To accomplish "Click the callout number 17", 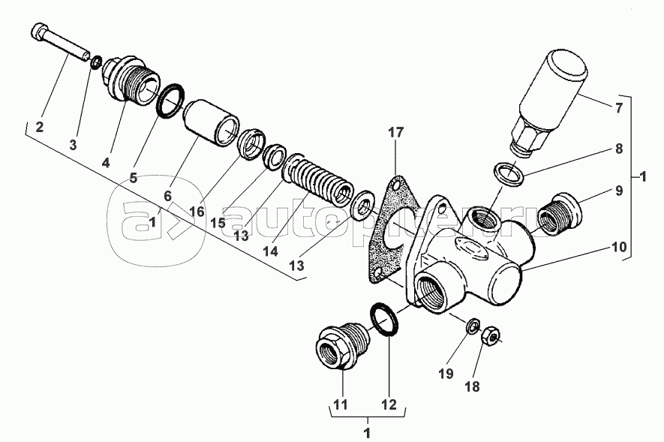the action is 396,133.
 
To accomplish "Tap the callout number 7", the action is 619,108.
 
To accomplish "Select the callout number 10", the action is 619,246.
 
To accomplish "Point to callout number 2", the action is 39,127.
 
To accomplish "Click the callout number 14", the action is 270,251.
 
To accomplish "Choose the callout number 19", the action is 446,374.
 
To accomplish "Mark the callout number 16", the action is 197,212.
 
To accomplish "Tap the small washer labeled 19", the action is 473,326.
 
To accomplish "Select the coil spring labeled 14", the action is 318,181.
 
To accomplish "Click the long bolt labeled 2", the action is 60,41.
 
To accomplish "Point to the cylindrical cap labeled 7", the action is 550,101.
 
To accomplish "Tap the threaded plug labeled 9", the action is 559,214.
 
